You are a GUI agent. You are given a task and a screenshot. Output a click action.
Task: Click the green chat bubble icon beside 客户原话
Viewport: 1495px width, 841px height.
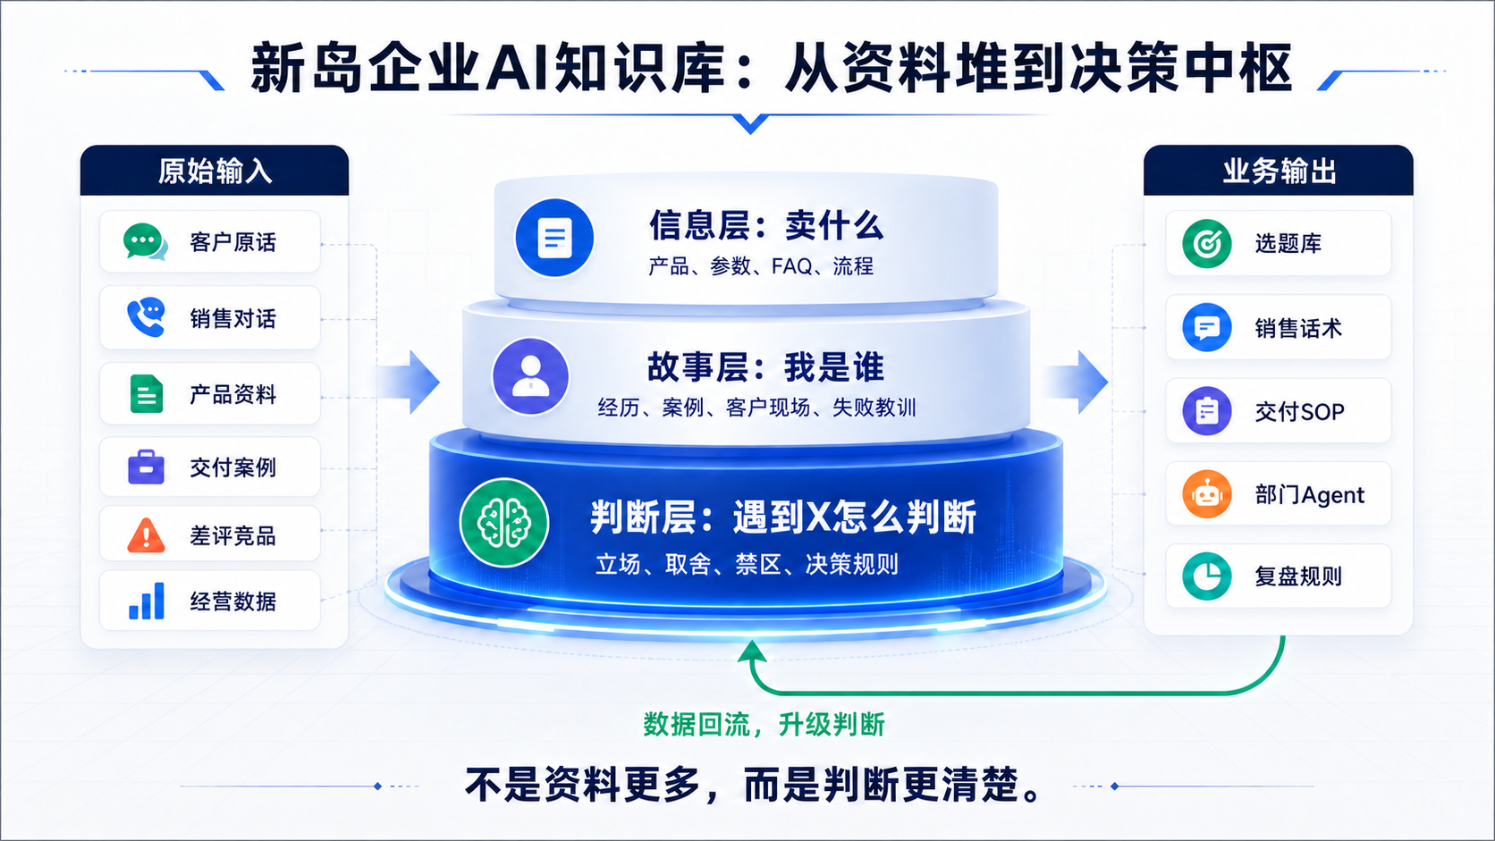(x=145, y=241)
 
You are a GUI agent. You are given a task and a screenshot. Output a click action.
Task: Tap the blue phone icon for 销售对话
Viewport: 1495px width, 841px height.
(x=146, y=317)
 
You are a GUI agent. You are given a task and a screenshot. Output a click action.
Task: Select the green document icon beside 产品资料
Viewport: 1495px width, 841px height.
(x=146, y=393)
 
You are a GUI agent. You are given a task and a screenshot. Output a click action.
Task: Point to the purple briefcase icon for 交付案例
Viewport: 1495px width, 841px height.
(x=146, y=467)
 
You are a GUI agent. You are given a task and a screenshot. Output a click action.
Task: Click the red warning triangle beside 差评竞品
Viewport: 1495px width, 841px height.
(x=146, y=534)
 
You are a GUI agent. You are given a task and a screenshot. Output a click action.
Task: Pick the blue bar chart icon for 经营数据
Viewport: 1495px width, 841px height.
(x=147, y=601)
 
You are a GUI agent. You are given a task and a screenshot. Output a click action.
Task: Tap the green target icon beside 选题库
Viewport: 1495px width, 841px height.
(x=1207, y=243)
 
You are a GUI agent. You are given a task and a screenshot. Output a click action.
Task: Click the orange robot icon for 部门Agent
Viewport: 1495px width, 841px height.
(x=1207, y=494)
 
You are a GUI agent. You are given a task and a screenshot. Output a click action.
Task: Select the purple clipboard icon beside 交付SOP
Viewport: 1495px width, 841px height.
(x=1207, y=411)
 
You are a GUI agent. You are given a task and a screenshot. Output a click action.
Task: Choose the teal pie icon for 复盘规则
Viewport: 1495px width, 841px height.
(x=1207, y=576)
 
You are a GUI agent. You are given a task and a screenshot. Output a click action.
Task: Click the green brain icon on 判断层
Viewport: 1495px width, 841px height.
(x=504, y=523)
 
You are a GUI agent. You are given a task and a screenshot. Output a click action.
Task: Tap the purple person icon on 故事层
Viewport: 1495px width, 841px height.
(x=530, y=376)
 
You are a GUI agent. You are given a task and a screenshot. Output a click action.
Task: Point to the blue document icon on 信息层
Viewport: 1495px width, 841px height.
(x=554, y=238)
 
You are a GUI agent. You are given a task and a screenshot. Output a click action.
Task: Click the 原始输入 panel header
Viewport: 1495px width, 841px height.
(x=215, y=171)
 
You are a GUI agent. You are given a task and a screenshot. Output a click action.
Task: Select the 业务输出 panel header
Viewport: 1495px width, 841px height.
(x=1278, y=171)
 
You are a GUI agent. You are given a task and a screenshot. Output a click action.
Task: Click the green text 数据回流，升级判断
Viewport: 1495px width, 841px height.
(x=764, y=724)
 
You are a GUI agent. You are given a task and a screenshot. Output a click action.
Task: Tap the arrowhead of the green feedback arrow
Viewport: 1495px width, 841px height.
(x=752, y=651)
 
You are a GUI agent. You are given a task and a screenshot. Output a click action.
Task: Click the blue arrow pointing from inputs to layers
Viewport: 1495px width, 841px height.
(x=409, y=383)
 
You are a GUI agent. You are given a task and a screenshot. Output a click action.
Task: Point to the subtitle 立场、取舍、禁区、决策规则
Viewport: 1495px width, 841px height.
(x=747, y=564)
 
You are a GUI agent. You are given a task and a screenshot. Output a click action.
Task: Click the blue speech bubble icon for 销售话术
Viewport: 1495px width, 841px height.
(x=1207, y=327)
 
